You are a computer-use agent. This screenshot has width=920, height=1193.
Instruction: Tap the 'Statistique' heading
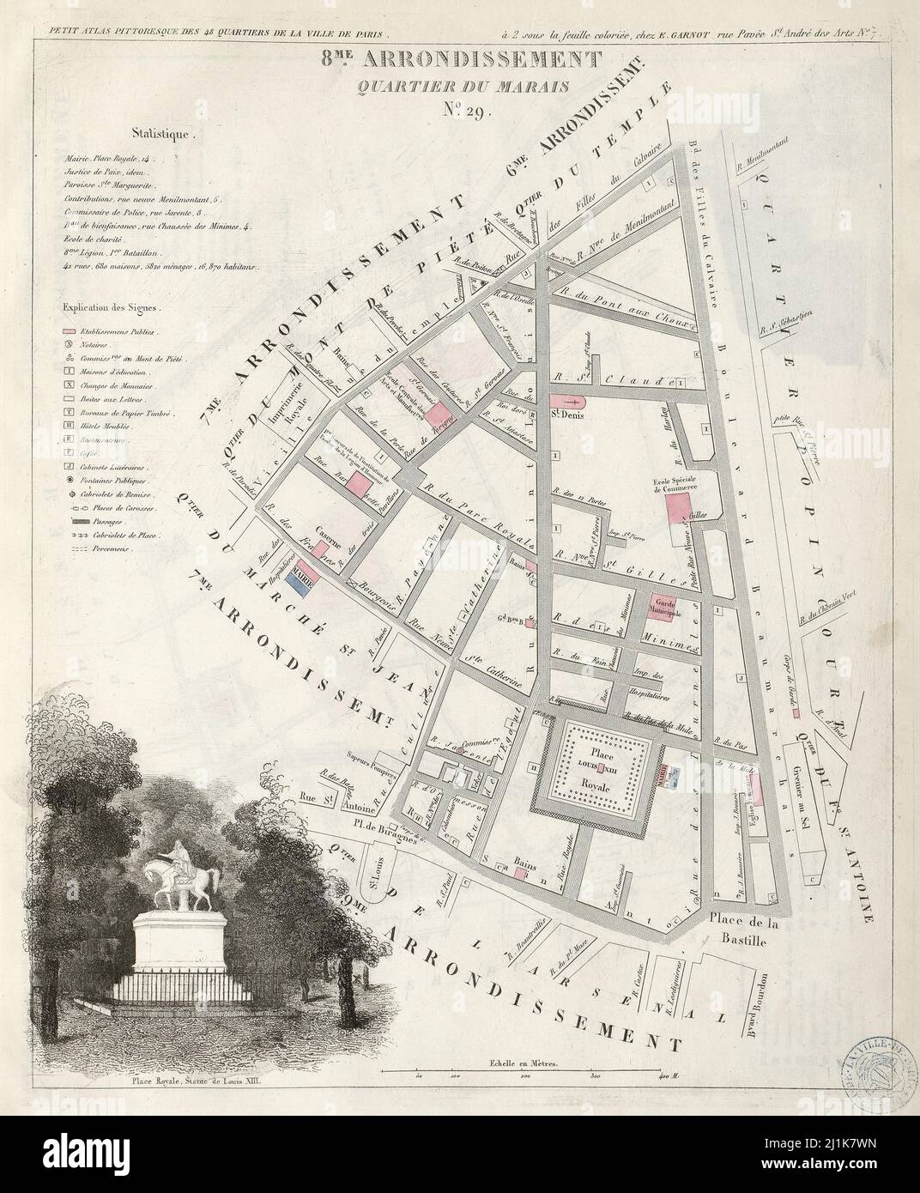point(164,134)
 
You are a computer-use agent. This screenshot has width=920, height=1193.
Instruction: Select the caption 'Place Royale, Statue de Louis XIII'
point(195,1082)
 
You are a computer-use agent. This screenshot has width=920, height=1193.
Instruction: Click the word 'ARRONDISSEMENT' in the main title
point(513,60)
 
